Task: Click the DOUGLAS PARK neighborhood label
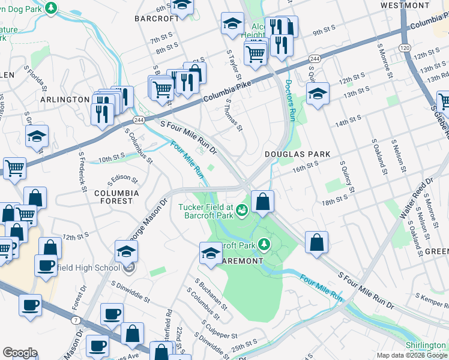[x=298, y=154]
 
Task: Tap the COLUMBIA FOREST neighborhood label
[x=116, y=197]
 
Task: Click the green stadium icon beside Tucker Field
[x=242, y=209]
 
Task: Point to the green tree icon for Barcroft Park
[x=263, y=244]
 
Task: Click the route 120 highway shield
[x=405, y=46]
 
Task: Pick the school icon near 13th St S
[x=318, y=93]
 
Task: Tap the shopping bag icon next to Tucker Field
[x=262, y=202]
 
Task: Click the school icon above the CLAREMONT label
[x=211, y=252]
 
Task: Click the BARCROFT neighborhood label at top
[x=157, y=18]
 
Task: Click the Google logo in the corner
[x=20, y=352]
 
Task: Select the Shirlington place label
[x=425, y=346]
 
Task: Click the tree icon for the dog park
[x=52, y=7]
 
